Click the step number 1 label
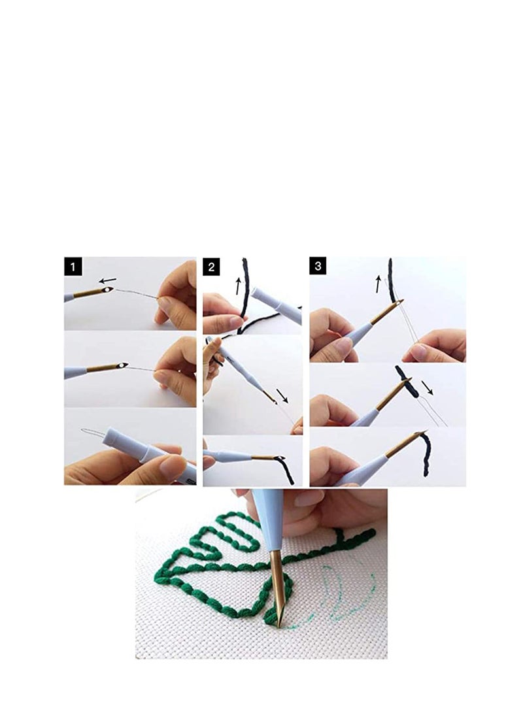tap(73, 267)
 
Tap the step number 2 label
tap(212, 267)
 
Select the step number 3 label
tap(318, 267)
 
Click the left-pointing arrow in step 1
tap(108, 282)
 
